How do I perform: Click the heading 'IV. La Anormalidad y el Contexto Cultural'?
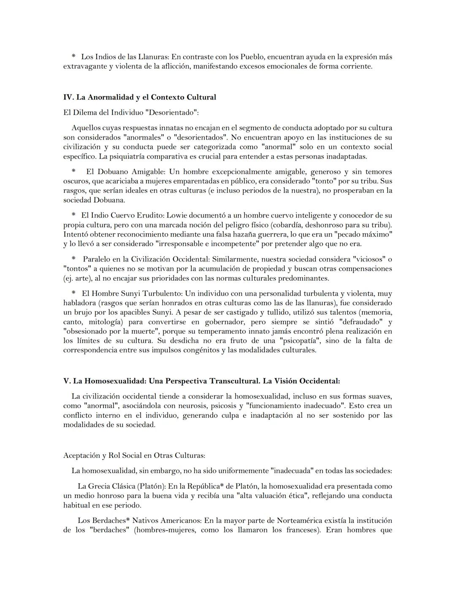tap(139, 97)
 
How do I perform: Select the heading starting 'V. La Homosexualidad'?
tap(201, 381)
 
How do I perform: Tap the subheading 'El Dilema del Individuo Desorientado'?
tap(131, 113)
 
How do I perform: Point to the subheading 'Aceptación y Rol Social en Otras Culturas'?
tap(134, 456)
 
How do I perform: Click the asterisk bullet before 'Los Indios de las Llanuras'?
tap(73, 56)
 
